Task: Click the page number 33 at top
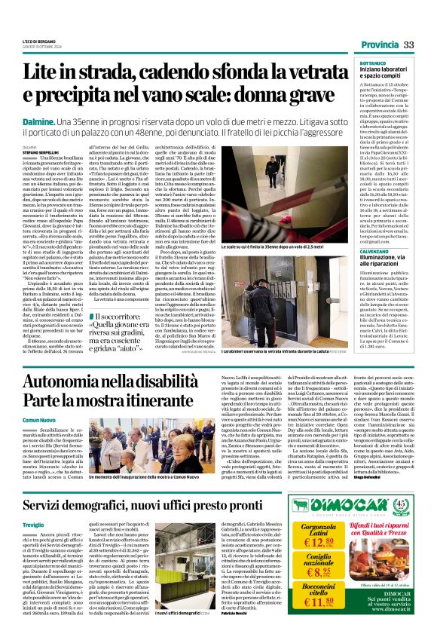409,45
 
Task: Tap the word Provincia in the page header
379,45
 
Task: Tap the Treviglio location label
33,524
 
